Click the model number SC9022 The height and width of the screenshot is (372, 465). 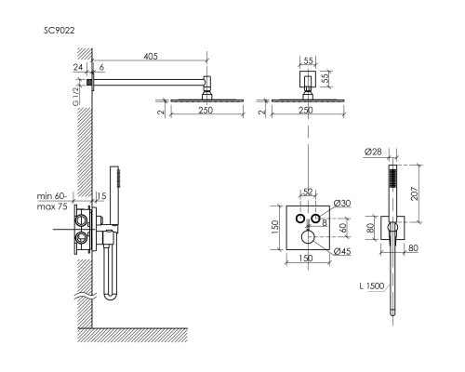[x=60, y=31]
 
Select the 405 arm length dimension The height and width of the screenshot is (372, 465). [x=151, y=56]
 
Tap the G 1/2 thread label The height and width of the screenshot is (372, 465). [x=75, y=97]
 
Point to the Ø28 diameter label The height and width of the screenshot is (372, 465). [x=373, y=152]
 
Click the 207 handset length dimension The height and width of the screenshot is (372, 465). [x=415, y=193]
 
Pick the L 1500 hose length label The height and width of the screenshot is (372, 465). [x=372, y=286]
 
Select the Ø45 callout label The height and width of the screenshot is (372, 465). [x=342, y=251]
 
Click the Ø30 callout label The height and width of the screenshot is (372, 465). [x=342, y=204]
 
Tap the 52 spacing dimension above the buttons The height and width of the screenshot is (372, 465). [x=308, y=192]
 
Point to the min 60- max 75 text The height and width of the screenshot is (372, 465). [x=52, y=202]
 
